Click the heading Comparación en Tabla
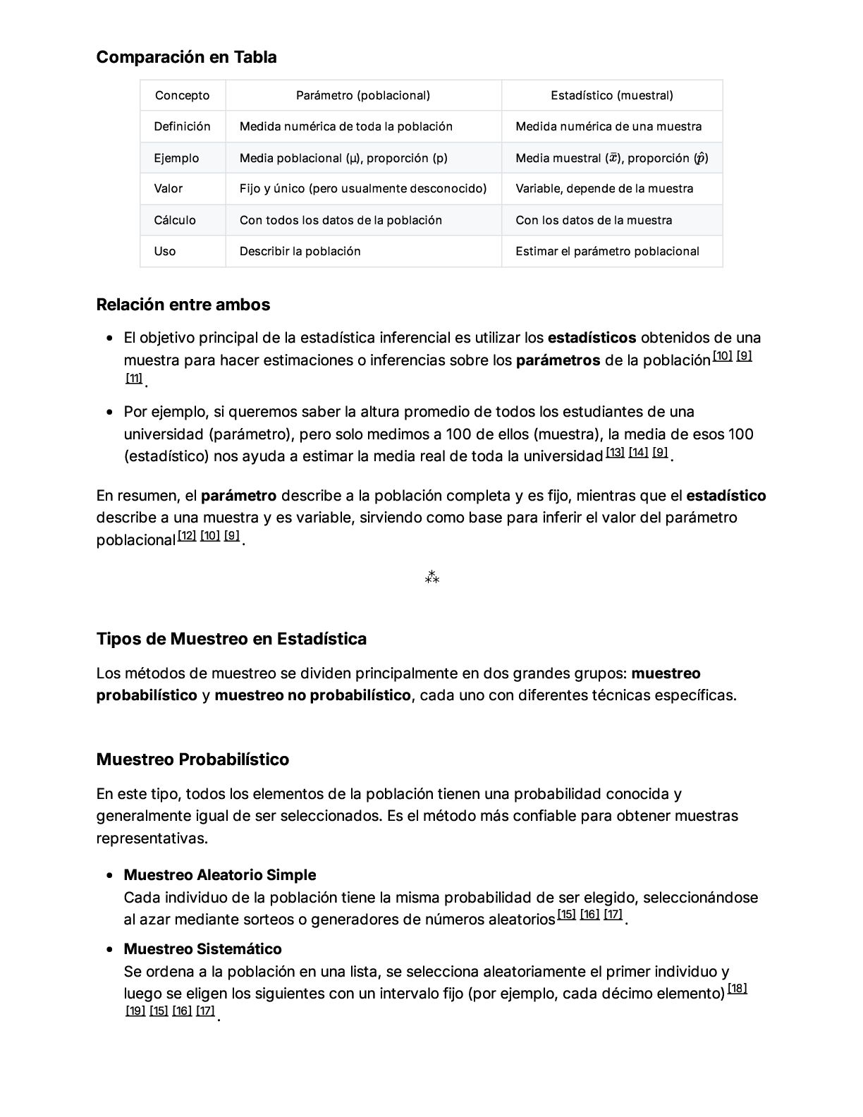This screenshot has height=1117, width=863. pyautogui.click(x=186, y=57)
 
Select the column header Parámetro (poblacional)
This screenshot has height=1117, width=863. pyautogui.click(x=362, y=95)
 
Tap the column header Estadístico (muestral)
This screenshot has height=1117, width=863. pyautogui.click(x=611, y=95)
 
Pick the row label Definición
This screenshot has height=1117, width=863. pyautogui.click(x=182, y=126)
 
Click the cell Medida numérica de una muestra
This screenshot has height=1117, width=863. pyautogui.click(x=608, y=126)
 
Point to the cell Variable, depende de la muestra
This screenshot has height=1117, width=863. pyautogui.click(x=604, y=188)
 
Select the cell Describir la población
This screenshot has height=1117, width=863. pyautogui.click(x=300, y=251)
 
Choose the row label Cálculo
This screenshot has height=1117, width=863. pyautogui.click(x=175, y=220)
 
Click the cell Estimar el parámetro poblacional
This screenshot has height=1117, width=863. pyautogui.click(x=607, y=251)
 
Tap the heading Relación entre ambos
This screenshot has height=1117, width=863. pyautogui.click(x=183, y=305)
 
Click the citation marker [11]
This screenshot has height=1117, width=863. pyautogui.click(x=134, y=378)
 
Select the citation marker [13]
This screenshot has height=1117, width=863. pyautogui.click(x=615, y=452)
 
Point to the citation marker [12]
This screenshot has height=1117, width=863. pyautogui.click(x=186, y=536)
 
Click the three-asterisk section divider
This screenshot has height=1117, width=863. pyautogui.click(x=432, y=578)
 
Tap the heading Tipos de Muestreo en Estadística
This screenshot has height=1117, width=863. pyautogui.click(x=231, y=639)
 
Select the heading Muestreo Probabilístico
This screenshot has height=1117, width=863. pyautogui.click(x=192, y=759)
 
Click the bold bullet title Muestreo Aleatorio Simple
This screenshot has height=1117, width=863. pyautogui.click(x=219, y=875)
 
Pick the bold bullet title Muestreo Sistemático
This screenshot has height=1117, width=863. pyautogui.click(x=202, y=949)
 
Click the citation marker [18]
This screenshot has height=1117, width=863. pyautogui.click(x=737, y=989)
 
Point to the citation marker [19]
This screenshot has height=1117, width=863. pyautogui.click(x=135, y=1011)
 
